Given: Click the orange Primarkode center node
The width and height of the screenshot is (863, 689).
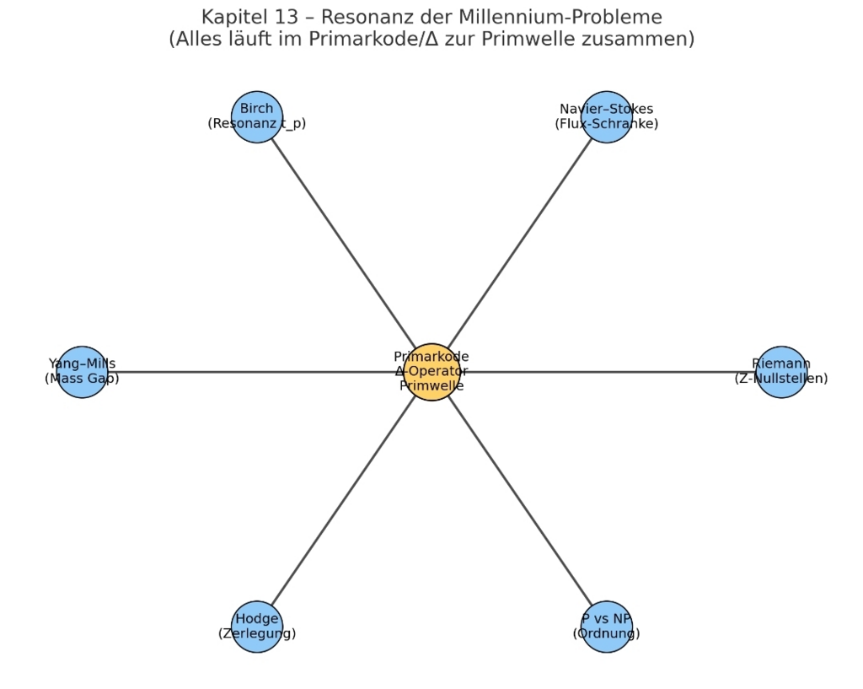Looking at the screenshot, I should point(431,372).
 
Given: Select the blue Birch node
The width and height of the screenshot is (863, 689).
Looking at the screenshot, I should point(256,116).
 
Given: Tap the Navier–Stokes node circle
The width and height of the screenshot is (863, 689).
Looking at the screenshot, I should point(607,116).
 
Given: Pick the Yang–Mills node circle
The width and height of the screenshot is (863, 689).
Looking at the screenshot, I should point(82,372).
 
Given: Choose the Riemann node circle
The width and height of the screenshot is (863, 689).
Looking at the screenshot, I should point(781,372).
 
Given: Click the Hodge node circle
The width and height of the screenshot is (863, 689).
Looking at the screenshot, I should point(256,627).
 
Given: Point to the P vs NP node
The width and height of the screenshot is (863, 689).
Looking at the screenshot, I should point(607,627).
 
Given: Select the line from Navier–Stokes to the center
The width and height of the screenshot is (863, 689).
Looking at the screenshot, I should point(519,244).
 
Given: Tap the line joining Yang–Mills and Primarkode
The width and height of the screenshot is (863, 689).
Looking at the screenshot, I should point(253,372).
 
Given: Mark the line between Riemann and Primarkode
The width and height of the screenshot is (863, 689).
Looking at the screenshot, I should point(607,372).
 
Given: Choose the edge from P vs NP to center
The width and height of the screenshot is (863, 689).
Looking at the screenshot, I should point(519,499).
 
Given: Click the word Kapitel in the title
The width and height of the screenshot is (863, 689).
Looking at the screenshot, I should point(231,17).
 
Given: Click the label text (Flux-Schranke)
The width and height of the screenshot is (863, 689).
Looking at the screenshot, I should point(607,124).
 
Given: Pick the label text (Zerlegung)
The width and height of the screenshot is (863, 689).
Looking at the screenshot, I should point(257,633).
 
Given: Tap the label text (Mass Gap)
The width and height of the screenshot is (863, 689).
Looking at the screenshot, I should point(82,379).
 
